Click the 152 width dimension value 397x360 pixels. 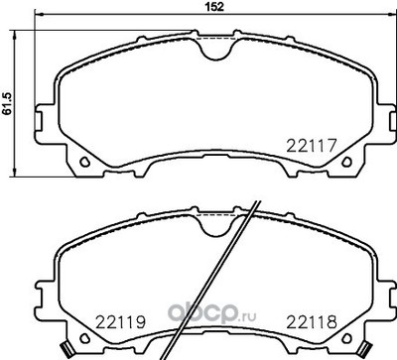tap(215, 7)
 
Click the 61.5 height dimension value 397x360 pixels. tap(7, 103)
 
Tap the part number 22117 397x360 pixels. tap(312, 146)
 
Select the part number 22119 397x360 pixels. tap(120, 321)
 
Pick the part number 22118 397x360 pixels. tap(312, 321)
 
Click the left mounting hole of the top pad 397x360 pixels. tap(85, 162)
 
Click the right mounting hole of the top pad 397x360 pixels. tap(346, 162)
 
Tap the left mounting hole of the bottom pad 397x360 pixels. tap(85, 338)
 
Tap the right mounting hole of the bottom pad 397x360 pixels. tap(346, 338)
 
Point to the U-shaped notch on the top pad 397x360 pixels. tap(215, 54)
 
